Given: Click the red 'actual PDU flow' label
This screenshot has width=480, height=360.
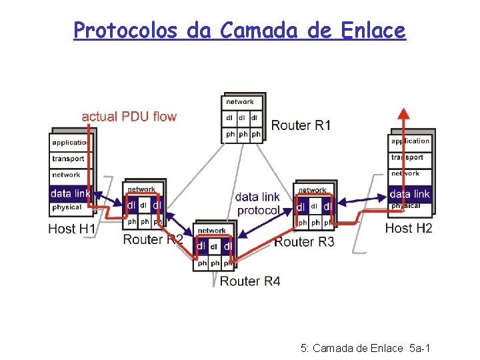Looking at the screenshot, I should [x=129, y=117].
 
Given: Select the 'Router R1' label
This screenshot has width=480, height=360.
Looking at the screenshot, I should [x=301, y=125].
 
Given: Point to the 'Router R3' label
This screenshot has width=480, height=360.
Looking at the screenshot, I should [x=304, y=241].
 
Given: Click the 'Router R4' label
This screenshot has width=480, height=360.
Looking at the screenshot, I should [x=250, y=281].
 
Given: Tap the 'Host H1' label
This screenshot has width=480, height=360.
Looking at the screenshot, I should [x=72, y=229].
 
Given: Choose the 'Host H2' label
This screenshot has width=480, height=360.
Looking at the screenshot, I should [x=409, y=228].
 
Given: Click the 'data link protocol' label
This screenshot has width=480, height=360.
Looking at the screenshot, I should [x=257, y=203].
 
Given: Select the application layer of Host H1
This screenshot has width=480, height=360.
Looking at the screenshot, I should [x=70, y=143].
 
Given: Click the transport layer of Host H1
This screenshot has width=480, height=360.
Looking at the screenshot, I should [x=69, y=159].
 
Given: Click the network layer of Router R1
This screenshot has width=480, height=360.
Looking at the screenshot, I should [x=240, y=102].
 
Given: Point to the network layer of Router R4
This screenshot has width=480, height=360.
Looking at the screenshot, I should [x=212, y=231].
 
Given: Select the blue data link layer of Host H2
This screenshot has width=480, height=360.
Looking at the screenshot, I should [x=409, y=193].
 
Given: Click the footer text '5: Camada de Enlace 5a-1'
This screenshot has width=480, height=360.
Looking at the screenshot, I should [x=365, y=347].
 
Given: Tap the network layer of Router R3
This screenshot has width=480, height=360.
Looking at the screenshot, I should [x=312, y=190].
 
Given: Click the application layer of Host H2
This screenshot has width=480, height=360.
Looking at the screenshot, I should [x=410, y=141].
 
